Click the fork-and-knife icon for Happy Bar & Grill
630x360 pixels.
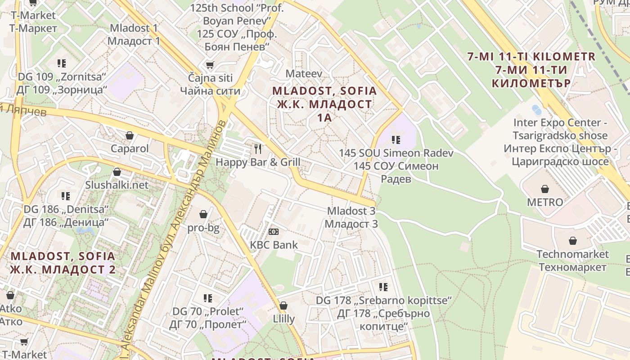click(x=258, y=148)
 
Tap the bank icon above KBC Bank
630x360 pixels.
click(x=274, y=232)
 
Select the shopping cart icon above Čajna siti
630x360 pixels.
click(x=210, y=65)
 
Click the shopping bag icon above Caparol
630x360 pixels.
click(x=130, y=135)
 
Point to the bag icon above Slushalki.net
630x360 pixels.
click(x=117, y=172)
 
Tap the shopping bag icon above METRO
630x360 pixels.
click(x=545, y=189)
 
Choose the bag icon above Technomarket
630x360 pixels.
click(x=573, y=241)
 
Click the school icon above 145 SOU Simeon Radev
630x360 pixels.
click(x=396, y=140)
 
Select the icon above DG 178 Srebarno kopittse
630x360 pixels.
click(x=383, y=287)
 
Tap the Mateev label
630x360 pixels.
click(x=304, y=73)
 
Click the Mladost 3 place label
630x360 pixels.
click(x=351, y=217)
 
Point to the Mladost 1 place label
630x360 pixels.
click(x=134, y=34)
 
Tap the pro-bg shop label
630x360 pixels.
click(x=203, y=228)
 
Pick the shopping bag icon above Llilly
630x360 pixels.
click(x=283, y=306)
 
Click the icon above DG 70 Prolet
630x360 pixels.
click(x=208, y=298)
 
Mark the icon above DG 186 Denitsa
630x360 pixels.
click(x=66, y=196)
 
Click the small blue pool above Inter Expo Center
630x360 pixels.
click(x=537, y=109)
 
